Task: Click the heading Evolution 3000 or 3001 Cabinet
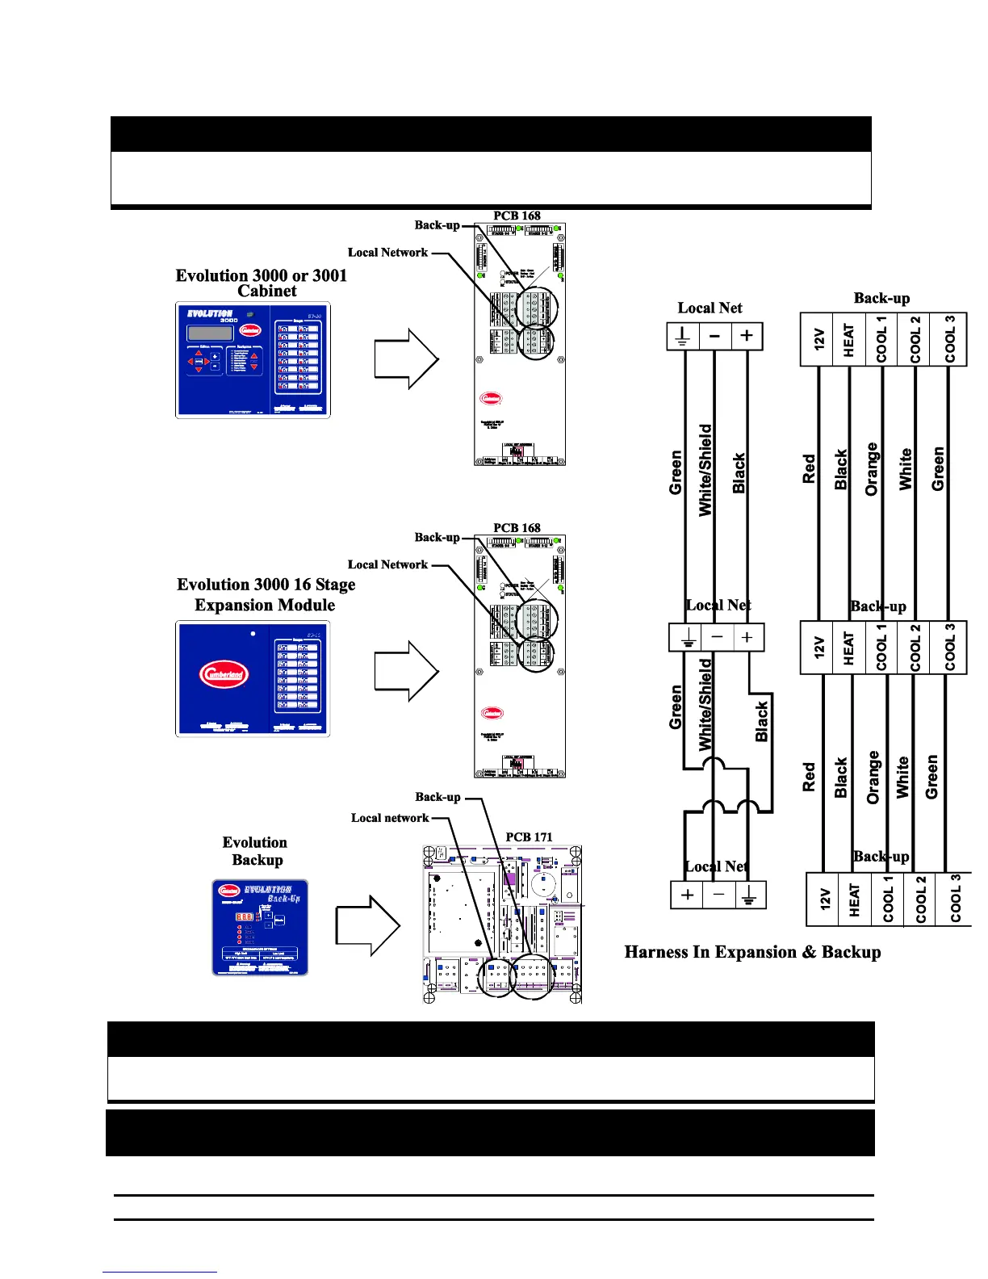262,283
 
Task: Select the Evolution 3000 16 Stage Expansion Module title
266,594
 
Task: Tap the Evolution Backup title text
255,851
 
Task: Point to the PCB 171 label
529,837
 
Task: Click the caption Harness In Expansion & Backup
752,952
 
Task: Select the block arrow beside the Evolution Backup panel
368,925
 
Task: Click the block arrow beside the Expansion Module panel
407,671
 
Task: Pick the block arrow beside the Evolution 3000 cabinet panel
407,359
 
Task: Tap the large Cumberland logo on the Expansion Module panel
224,675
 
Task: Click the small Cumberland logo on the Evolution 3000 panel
250,330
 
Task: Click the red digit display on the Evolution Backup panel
245,917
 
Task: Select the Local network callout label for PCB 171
390,818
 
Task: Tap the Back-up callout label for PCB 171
437,797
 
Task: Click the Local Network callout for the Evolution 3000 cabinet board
387,253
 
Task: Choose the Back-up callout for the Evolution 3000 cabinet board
437,225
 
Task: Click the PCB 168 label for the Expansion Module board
517,527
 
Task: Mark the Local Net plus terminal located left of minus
688,895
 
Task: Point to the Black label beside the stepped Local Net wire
761,721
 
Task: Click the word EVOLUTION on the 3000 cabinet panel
210,313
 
